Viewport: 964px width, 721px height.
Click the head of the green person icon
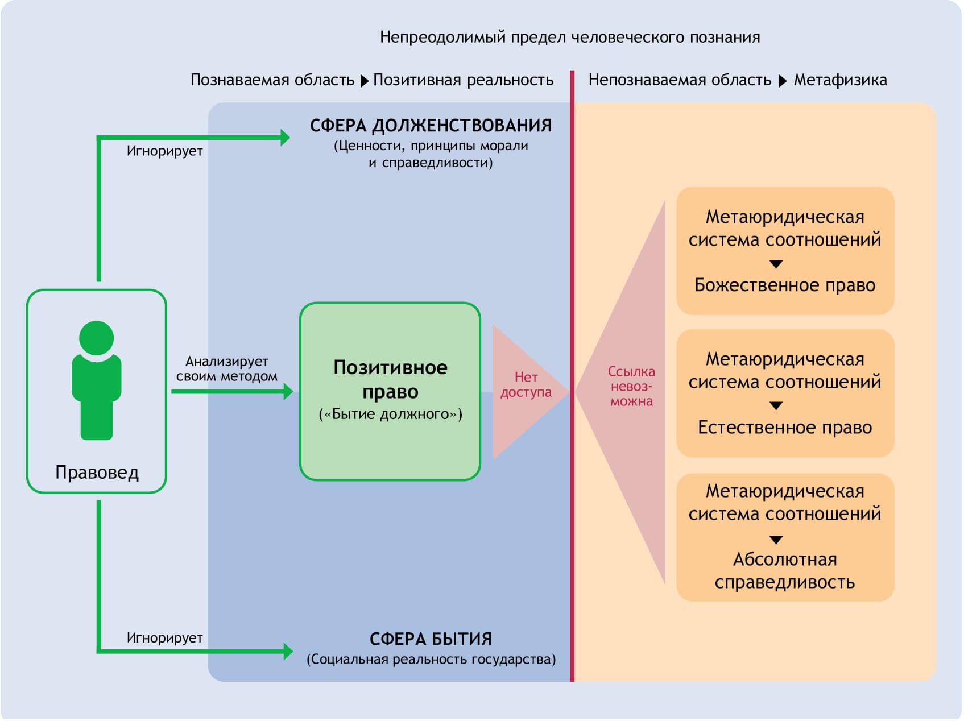point(96,338)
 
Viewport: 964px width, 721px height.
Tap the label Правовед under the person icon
point(97,473)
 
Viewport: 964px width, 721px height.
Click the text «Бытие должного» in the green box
point(390,414)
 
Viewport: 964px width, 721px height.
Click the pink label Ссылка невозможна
point(631,387)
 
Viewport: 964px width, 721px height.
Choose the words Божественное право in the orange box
point(785,285)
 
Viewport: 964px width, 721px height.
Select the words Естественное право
point(785,427)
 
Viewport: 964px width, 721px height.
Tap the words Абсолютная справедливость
point(785,570)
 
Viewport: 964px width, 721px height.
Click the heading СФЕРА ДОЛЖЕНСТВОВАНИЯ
point(431,125)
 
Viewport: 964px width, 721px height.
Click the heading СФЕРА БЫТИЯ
point(431,639)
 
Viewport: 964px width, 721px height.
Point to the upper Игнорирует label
point(164,151)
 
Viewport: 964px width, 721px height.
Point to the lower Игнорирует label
point(164,638)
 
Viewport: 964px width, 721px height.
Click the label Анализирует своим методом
point(226,368)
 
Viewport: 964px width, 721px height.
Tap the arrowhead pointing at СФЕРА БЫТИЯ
point(288,651)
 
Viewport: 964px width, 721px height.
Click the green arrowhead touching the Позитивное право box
point(288,391)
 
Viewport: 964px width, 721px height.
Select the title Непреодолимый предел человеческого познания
point(570,38)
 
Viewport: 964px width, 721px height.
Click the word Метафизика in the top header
point(840,80)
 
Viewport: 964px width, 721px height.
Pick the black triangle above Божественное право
point(776,264)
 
